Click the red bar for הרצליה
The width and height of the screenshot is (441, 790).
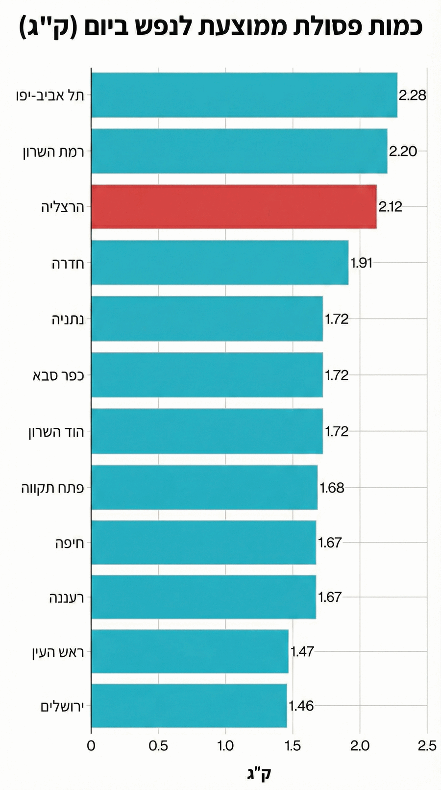234,207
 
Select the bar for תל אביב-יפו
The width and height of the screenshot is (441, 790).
244,95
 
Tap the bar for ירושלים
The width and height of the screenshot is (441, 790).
189,706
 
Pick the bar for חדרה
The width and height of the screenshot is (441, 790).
220,263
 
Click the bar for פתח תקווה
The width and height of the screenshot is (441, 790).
204,488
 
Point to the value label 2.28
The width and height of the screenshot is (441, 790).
412,95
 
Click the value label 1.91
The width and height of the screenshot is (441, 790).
362,263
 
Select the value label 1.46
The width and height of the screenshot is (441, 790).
301,706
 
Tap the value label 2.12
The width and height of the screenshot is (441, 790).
390,207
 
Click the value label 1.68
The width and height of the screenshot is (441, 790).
332,488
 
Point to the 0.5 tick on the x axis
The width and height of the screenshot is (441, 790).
158,746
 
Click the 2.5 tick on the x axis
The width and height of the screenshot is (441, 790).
427,746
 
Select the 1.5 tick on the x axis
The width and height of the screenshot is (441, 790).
293,746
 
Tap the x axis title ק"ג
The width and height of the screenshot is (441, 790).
259,773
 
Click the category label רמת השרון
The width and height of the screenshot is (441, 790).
53,151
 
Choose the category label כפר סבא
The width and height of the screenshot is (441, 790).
58,375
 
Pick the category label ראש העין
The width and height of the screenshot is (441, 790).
57,652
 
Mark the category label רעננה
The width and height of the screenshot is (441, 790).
67,597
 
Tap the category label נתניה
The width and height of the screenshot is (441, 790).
68,320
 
